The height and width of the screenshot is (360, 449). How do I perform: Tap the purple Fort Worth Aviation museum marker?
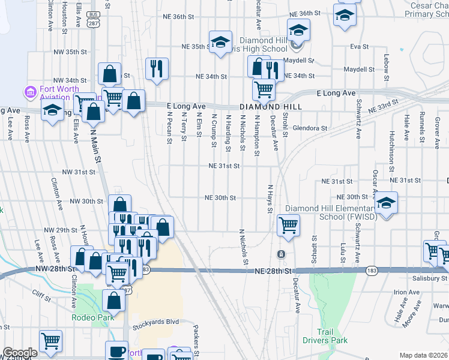[30, 92]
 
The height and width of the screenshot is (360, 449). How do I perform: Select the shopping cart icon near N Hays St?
[288, 226]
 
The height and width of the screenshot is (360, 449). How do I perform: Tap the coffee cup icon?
[116, 351]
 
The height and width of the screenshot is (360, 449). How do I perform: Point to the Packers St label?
[196, 339]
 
